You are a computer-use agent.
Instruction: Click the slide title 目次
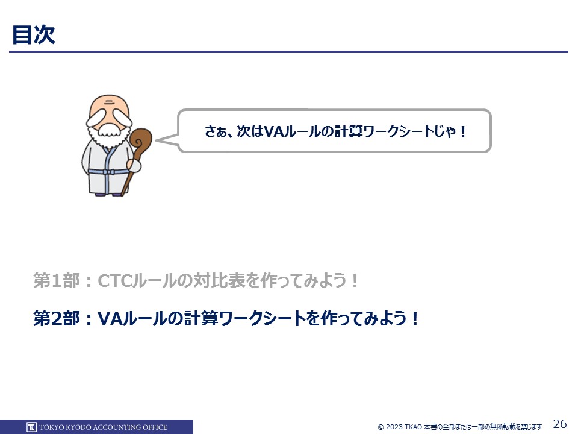(x=34, y=35)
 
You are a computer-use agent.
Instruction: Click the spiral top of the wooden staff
(x=141, y=139)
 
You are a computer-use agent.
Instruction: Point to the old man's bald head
(x=109, y=104)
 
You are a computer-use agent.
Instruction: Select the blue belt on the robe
(x=109, y=172)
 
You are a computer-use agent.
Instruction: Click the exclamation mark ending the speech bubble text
(x=463, y=131)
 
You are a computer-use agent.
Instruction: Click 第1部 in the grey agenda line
(x=57, y=280)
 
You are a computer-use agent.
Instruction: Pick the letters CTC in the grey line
(x=114, y=281)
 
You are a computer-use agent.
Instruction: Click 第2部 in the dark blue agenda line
(x=57, y=318)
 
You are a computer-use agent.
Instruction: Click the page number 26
(x=560, y=424)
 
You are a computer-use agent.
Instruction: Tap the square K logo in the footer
(x=31, y=427)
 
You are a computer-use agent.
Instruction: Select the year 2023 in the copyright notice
(x=394, y=427)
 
